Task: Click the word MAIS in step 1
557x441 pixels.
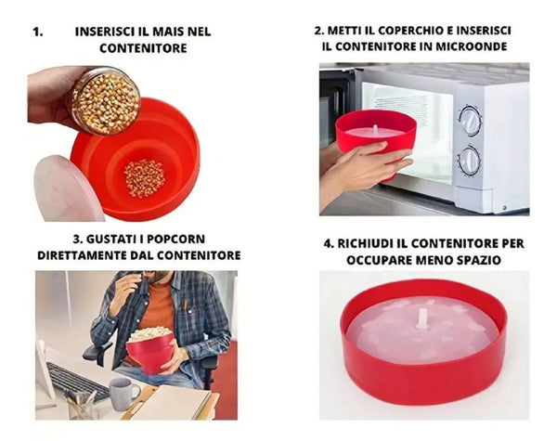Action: [x=167, y=31]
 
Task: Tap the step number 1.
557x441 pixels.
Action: [x=37, y=31]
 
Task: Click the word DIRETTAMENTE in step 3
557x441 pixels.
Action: [x=84, y=254]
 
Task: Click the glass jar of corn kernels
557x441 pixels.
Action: [x=104, y=100]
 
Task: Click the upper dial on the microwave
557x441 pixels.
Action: [x=471, y=120]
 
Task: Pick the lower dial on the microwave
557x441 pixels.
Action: [x=471, y=159]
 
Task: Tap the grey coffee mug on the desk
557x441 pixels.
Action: [x=122, y=391]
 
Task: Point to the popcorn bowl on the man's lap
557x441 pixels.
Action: [x=150, y=350]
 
